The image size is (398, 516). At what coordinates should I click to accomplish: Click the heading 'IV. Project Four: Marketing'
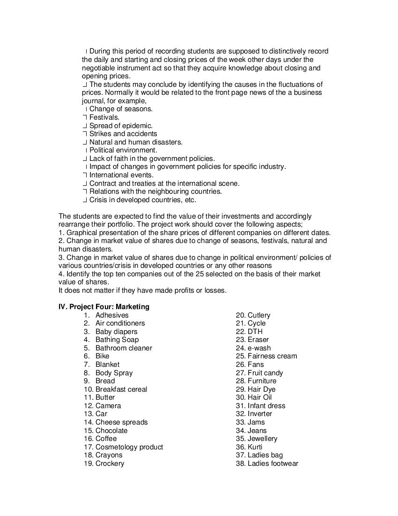[104, 307]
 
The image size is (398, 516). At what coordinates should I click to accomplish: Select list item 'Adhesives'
[112, 315]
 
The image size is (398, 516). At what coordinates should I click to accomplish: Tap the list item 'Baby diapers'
[116, 332]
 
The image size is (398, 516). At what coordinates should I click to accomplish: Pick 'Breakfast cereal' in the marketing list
[121, 389]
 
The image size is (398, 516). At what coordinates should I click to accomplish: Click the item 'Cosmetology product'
[129, 447]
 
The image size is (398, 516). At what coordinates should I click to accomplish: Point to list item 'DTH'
[255, 332]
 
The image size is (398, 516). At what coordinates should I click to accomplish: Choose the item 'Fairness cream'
[272, 356]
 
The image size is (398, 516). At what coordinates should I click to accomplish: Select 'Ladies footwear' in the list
[273, 463]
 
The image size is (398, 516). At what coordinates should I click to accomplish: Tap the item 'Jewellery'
[262, 439]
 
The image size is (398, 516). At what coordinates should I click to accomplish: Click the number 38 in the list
[240, 463]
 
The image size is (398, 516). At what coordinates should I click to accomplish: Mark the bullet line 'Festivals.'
[104, 117]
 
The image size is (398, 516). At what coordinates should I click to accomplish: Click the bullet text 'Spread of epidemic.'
[121, 126]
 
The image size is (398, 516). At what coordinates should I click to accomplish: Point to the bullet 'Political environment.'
[123, 150]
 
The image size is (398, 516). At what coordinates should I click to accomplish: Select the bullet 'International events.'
[121, 175]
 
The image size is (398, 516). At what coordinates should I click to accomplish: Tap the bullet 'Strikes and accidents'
[123, 134]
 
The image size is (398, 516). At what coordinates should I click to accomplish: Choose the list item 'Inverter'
[260, 414]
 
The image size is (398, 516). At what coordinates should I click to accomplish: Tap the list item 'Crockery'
[110, 463]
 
